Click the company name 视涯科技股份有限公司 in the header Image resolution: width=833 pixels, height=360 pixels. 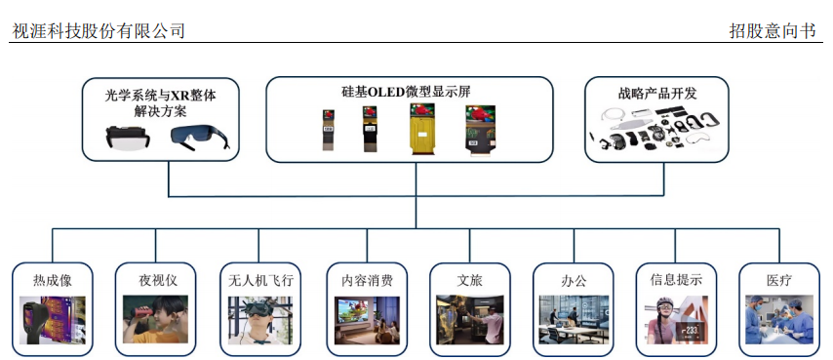[99, 31]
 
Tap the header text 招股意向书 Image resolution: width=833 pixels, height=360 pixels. [771, 31]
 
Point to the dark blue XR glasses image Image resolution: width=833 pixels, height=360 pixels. [203, 137]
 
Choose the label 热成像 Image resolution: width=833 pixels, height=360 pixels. [52, 280]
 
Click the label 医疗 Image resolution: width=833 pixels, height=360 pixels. [779, 280]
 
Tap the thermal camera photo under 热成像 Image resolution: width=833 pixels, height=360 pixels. [52, 321]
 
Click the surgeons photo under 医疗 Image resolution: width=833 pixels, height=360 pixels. [779, 321]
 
